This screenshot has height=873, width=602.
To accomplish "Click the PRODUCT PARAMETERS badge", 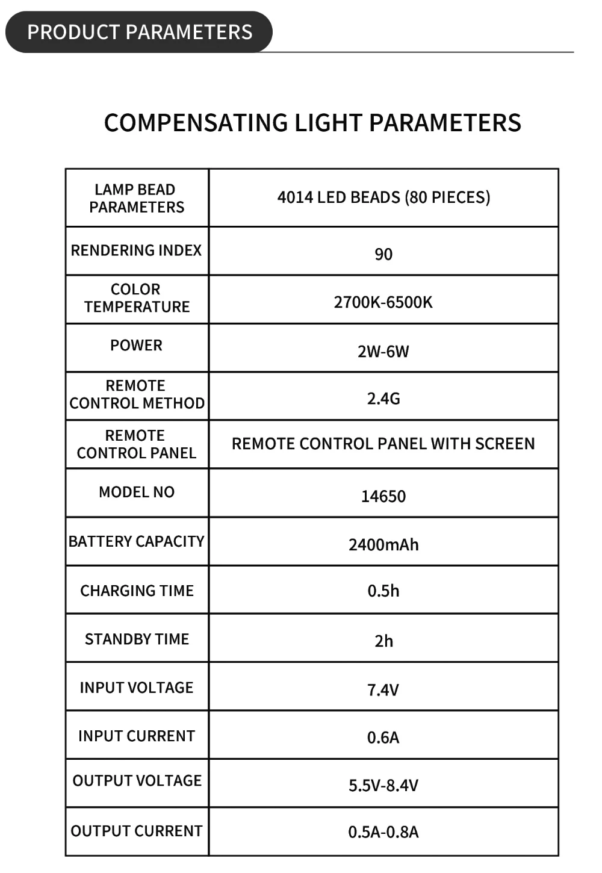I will [139, 32].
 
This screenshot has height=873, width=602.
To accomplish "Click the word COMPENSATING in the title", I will [196, 123].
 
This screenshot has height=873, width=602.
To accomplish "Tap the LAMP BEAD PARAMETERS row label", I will [137, 198].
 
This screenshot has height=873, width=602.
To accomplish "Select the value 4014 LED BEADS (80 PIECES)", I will [383, 197].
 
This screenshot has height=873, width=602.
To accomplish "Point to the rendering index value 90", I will [383, 254].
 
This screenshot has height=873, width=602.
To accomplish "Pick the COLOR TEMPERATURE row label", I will [137, 298].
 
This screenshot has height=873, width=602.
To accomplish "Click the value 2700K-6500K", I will [383, 302].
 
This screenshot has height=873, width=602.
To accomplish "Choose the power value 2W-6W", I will [383, 352].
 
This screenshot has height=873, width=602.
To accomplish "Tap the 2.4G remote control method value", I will [383, 399].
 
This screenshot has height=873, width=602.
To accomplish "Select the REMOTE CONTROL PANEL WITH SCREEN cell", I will [383, 444].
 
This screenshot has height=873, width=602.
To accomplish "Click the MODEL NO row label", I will [137, 492].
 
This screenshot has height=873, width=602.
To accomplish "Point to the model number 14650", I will [383, 497].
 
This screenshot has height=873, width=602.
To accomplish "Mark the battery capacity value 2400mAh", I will [383, 545].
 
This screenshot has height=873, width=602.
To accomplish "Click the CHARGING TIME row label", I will [137, 591].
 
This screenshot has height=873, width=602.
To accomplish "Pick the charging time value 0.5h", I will [383, 591].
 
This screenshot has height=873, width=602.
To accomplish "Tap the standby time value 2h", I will [383, 641].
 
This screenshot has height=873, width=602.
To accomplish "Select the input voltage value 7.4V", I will [383, 690].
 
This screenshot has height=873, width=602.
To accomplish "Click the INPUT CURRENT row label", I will [137, 736].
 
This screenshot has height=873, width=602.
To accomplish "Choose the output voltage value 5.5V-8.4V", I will [383, 786].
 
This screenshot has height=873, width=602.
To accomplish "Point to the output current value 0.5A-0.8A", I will [383, 832].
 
